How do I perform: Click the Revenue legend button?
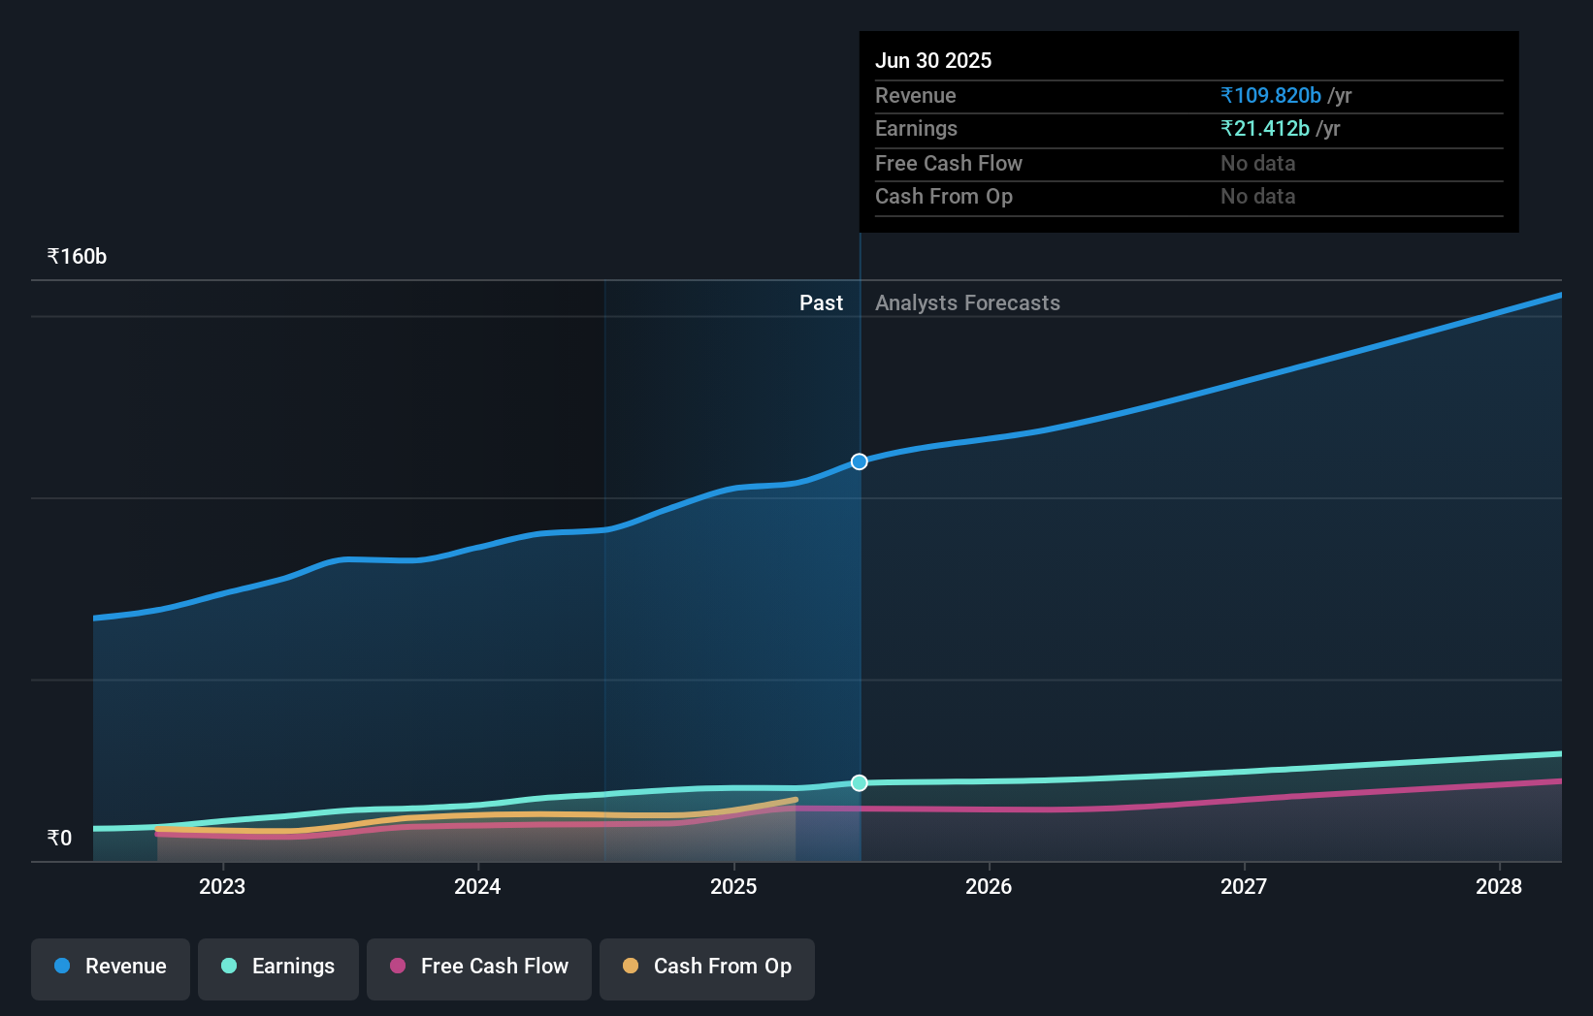pyautogui.click(x=111, y=968)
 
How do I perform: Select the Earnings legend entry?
pyautogui.click(x=278, y=968)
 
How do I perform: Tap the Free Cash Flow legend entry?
pyautogui.click(x=479, y=968)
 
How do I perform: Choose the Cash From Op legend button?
pyautogui.click(x=707, y=968)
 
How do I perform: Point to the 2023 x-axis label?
pyautogui.click(x=222, y=886)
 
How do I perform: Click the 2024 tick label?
pyautogui.click(x=477, y=886)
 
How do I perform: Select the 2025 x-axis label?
pyautogui.click(x=733, y=886)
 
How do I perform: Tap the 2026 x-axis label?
pyautogui.click(x=989, y=886)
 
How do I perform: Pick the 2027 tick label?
pyautogui.click(x=1244, y=886)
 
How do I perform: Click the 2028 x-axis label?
pyautogui.click(x=1499, y=886)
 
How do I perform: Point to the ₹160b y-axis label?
pyautogui.click(x=77, y=257)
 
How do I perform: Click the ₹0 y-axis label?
pyautogui.click(x=59, y=839)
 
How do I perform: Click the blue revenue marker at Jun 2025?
pyautogui.click(x=860, y=461)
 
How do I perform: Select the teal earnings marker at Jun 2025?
pyautogui.click(x=860, y=783)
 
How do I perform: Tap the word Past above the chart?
pyautogui.click(x=821, y=303)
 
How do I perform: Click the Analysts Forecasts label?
pyautogui.click(x=967, y=303)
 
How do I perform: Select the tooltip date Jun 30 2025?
pyautogui.click(x=933, y=61)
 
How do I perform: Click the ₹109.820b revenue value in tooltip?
pyautogui.click(x=1271, y=96)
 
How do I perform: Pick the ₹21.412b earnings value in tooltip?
pyautogui.click(x=1265, y=129)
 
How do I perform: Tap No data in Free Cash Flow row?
pyautogui.click(x=1257, y=164)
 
